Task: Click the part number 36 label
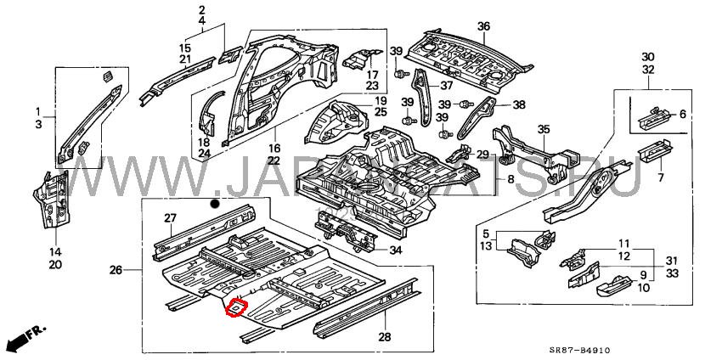(483, 26)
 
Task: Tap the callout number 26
(116, 270)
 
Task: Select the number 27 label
(170, 217)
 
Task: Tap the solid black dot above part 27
(216, 205)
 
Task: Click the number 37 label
(445, 85)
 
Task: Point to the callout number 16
(274, 148)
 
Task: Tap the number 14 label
(54, 252)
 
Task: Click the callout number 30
(648, 56)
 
